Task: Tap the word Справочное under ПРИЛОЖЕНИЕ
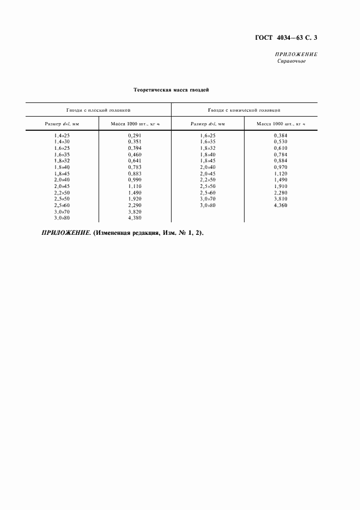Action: coord(291,62)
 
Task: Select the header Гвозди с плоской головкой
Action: coord(99,110)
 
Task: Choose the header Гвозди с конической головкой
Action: coord(244,110)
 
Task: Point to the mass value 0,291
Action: coord(135,135)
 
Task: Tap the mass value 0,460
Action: coord(135,154)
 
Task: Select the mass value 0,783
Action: coord(135,167)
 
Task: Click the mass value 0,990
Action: coord(135,180)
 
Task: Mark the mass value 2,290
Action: coord(135,205)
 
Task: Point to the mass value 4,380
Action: coord(135,218)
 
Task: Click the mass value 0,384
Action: coord(280,135)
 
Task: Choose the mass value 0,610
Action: coord(280,148)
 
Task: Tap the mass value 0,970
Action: coord(280,167)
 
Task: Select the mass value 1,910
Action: coord(280,186)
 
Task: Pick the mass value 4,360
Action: coord(280,205)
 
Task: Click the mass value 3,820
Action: coord(135,212)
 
